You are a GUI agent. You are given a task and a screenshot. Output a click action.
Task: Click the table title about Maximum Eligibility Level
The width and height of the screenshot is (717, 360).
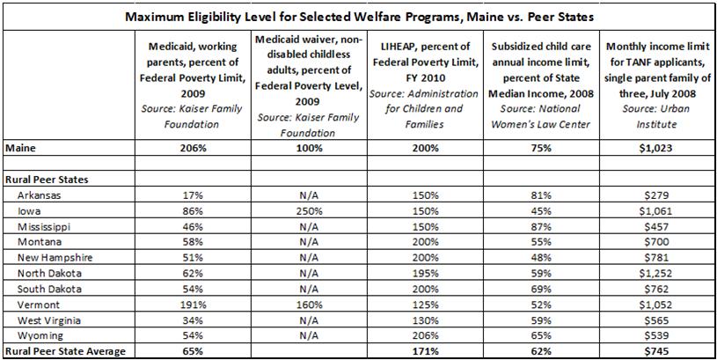pyautogui.click(x=358, y=17)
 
